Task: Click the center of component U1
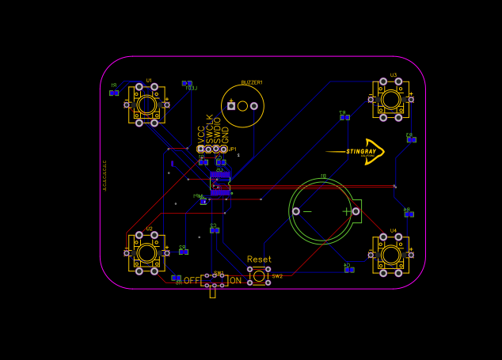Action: tap(146, 104)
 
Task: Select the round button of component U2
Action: tap(147, 253)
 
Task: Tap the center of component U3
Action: tap(390, 99)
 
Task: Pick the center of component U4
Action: tap(390, 255)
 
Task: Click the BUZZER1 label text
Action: tap(252, 82)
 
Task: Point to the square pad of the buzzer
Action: tap(231, 106)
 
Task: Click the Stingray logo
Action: tap(357, 151)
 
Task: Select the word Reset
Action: tap(259, 260)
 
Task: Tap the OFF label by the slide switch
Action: tap(192, 281)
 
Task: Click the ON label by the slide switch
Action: tap(235, 281)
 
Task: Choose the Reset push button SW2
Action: tap(259, 276)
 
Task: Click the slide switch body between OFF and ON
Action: tap(213, 281)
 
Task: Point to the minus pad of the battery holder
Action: tap(296, 211)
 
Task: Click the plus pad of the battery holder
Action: tap(356, 211)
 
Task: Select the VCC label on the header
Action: tap(201, 134)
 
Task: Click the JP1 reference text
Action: tap(232, 149)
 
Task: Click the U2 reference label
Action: tap(149, 229)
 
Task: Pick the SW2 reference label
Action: tap(277, 277)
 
